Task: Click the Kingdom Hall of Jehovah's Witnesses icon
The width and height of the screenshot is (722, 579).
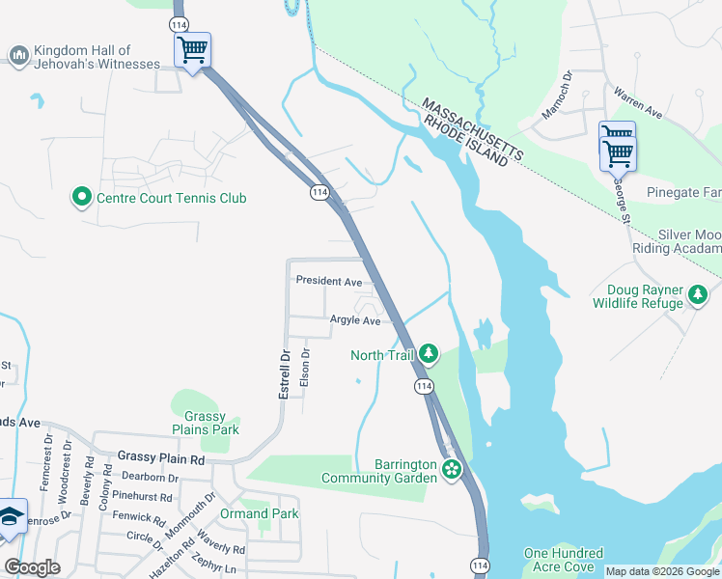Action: click(18, 57)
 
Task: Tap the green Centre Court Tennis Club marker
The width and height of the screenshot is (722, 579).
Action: click(82, 199)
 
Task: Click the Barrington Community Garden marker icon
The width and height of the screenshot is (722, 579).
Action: click(451, 470)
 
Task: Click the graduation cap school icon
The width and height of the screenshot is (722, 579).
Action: click(11, 518)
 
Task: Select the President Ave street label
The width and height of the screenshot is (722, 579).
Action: click(328, 281)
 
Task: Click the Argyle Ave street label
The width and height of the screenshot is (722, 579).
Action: click(355, 320)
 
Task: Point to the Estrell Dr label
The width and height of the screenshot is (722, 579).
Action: click(285, 375)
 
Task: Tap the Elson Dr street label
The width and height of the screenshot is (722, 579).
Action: click(305, 367)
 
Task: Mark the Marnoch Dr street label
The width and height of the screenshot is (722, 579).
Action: click(557, 95)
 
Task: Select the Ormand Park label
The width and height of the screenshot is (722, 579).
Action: click(259, 513)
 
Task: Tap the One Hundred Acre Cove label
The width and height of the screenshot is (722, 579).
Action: click(564, 560)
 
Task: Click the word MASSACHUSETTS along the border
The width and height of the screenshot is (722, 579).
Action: click(472, 128)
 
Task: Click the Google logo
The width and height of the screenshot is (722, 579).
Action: click(32, 566)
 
